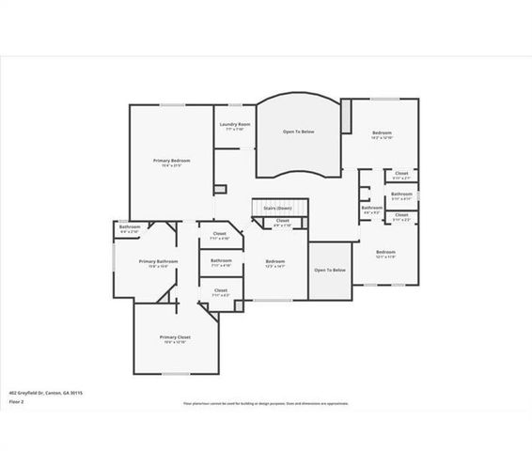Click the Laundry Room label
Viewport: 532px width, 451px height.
[x=234, y=124]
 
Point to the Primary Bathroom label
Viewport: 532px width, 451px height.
[x=158, y=261]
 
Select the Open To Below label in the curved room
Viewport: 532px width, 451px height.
[x=299, y=132]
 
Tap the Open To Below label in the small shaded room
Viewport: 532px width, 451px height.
[x=330, y=270]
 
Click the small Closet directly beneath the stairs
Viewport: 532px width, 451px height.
[x=281, y=223]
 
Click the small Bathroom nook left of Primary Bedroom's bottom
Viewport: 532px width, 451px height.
[x=130, y=227]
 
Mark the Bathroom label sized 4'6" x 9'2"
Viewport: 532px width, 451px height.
[x=371, y=208]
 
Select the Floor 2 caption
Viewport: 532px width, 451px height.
[x=16, y=401]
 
